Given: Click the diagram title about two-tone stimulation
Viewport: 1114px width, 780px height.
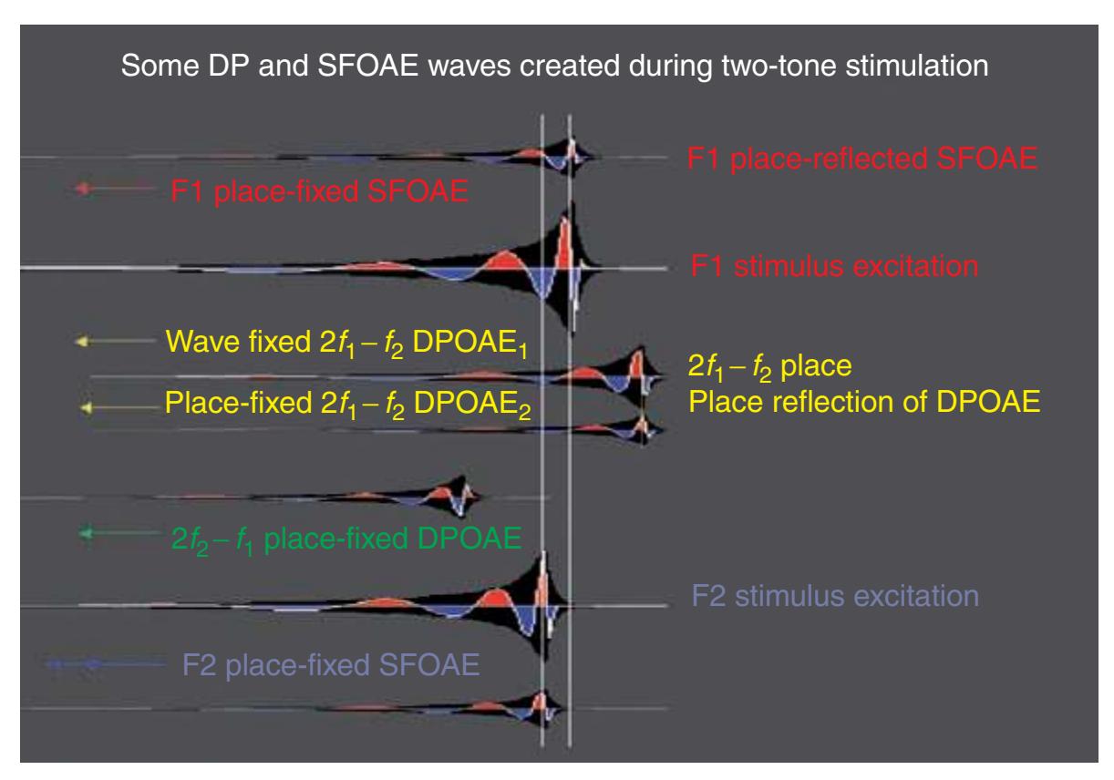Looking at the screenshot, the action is (x=554, y=66).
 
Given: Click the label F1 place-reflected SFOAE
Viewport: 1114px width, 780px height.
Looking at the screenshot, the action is (x=862, y=159).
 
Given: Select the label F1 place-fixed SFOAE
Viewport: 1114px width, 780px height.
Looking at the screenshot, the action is (x=319, y=191).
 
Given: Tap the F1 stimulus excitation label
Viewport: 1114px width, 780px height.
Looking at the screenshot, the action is (x=834, y=266).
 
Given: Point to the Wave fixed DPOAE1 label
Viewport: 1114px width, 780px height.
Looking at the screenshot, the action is (x=346, y=343).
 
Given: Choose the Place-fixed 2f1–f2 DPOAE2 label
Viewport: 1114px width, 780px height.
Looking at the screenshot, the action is (x=347, y=404).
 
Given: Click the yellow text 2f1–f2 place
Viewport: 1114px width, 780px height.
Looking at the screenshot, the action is (x=769, y=367).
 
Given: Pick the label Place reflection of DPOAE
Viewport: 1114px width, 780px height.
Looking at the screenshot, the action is (x=864, y=402).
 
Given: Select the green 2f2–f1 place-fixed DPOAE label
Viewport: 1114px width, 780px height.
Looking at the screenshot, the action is (x=346, y=539).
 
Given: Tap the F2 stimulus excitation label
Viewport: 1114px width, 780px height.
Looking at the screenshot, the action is (x=835, y=596).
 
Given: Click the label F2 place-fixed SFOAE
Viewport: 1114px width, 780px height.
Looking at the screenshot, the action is (x=331, y=664).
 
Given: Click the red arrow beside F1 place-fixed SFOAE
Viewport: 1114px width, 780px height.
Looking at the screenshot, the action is (x=114, y=188).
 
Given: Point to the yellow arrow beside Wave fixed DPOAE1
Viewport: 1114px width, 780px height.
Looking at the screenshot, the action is (x=115, y=341).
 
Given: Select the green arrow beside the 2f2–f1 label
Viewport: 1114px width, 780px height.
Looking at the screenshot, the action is (x=119, y=533).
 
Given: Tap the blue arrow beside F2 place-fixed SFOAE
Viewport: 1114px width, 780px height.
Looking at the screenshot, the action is (x=105, y=663).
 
